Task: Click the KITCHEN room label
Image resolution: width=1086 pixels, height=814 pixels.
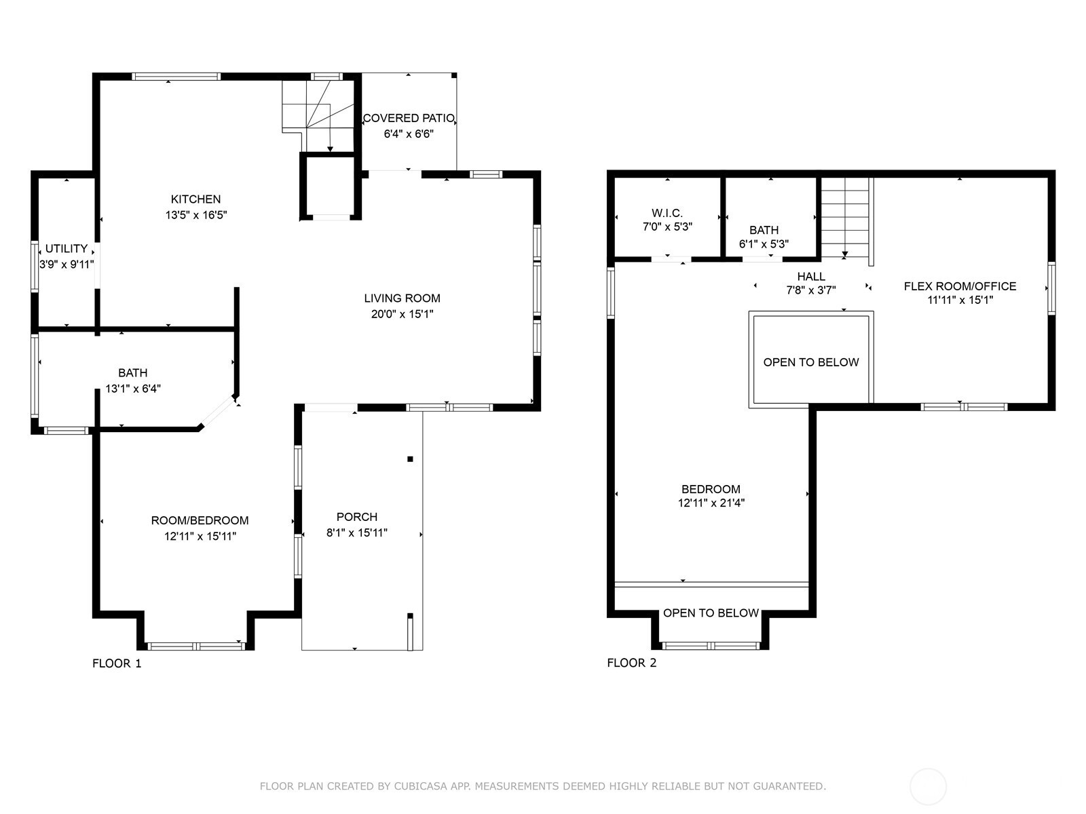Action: [195, 199]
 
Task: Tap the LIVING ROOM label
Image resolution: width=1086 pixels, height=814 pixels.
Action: [402, 298]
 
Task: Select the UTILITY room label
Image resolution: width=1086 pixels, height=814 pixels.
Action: [67, 248]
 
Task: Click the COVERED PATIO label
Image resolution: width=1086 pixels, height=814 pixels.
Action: [409, 118]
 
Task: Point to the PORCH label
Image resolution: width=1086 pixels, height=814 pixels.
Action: [357, 517]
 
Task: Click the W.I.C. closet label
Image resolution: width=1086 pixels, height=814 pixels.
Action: [667, 213]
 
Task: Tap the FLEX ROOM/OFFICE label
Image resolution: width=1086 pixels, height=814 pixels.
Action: [960, 286]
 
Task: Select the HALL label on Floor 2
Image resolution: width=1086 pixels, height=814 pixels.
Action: [811, 277]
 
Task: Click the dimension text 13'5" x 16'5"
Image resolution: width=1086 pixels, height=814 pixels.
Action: [196, 215]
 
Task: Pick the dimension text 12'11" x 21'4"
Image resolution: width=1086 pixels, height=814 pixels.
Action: [711, 503]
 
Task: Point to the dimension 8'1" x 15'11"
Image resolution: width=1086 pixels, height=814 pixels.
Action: [357, 532]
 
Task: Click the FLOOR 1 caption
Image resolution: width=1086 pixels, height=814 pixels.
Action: [117, 663]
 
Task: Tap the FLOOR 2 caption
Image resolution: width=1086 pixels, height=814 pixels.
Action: [632, 663]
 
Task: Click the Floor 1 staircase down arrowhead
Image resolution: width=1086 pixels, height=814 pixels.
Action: [330, 149]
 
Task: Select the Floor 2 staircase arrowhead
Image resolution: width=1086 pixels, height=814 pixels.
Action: [845, 254]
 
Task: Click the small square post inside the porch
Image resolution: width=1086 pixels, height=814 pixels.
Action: [410, 459]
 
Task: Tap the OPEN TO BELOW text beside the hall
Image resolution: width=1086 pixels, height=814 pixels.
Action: [811, 362]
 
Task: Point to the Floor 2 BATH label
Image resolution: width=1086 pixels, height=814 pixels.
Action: [764, 231]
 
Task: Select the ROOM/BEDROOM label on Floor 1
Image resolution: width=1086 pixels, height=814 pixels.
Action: [200, 520]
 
